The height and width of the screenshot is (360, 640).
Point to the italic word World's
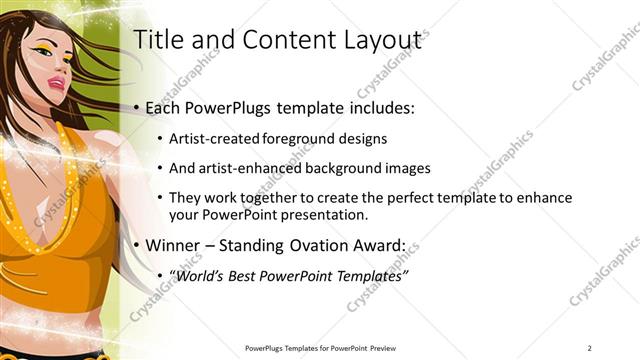pos(201,275)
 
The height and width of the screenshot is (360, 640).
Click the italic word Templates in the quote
pos(372,275)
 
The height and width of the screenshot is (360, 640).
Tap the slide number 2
pos(590,348)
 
